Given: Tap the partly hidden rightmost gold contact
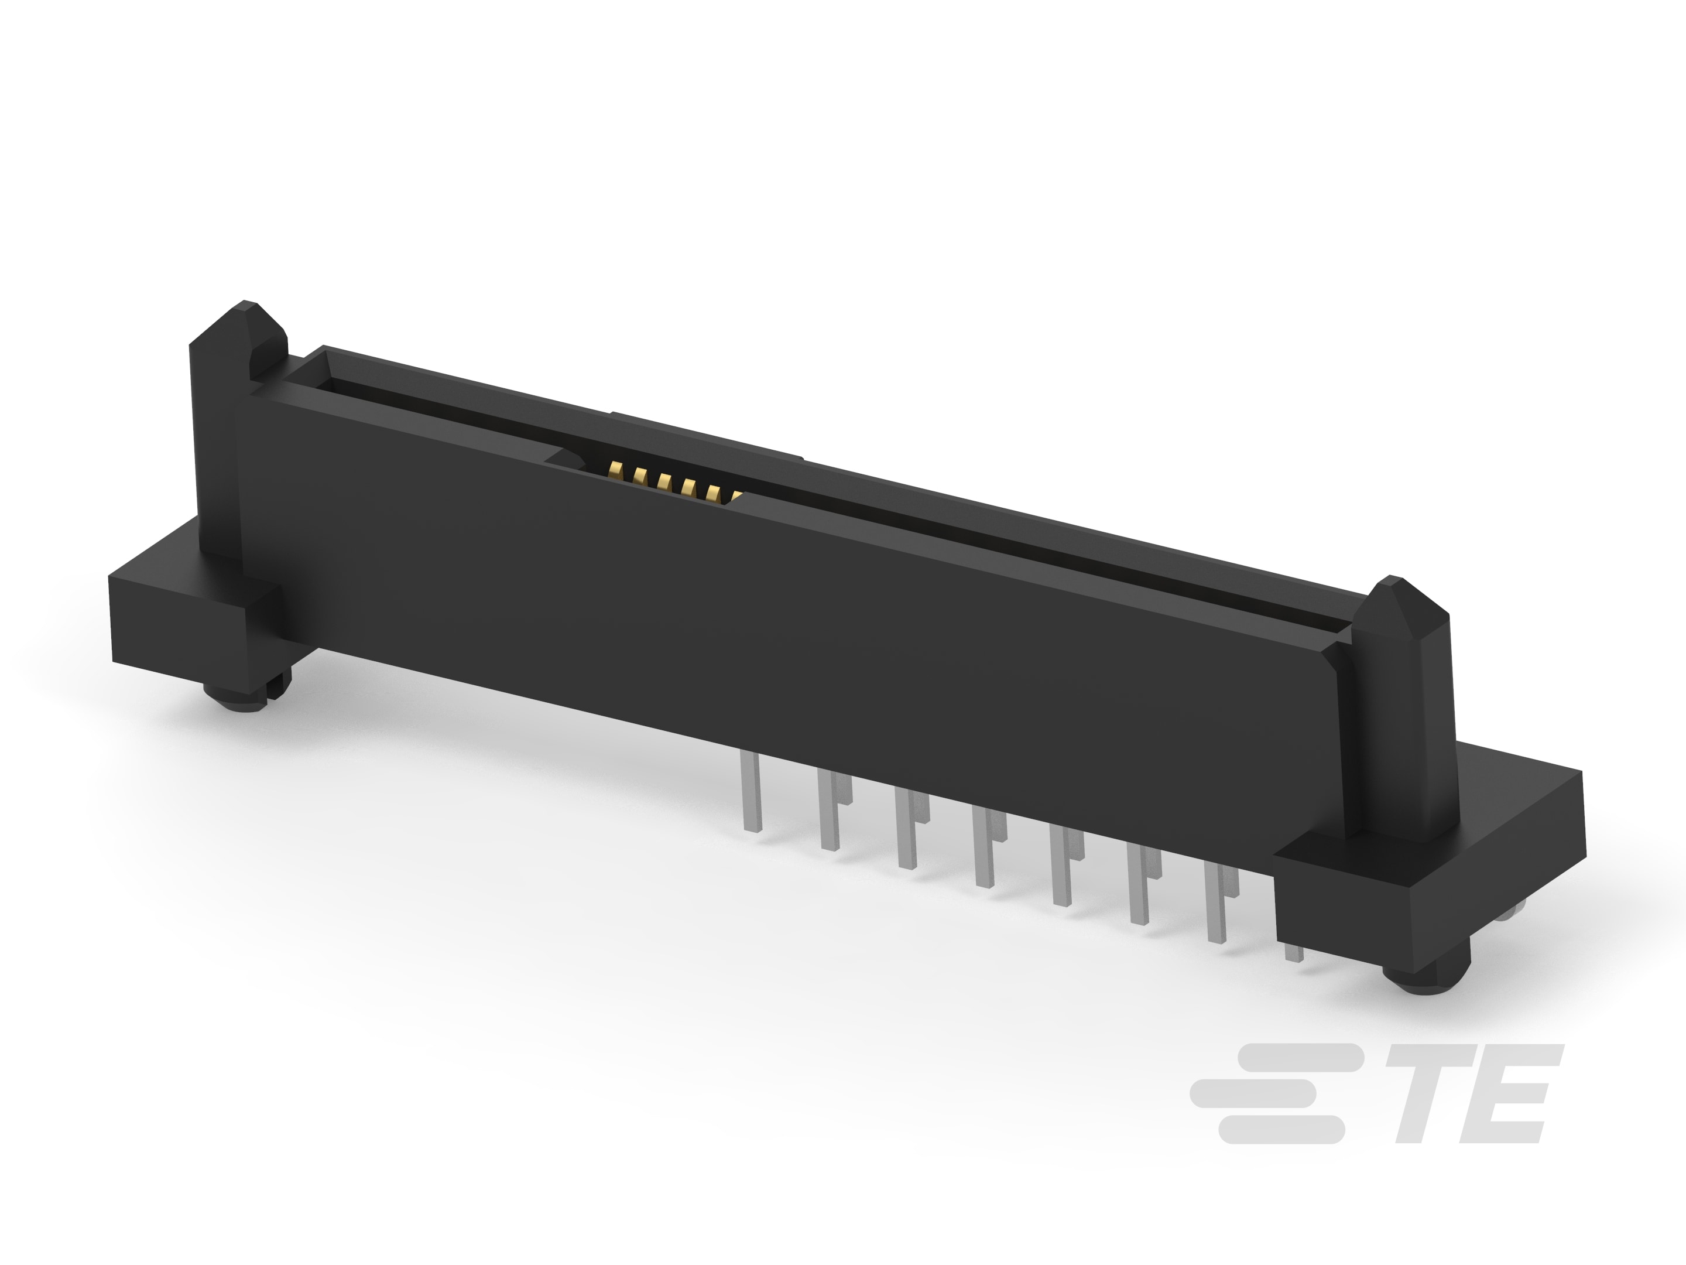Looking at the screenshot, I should point(735,497).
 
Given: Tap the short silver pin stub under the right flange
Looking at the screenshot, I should point(1291,952).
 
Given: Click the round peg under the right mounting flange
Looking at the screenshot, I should point(1416,977).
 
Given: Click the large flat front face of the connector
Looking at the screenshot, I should point(762,610).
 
